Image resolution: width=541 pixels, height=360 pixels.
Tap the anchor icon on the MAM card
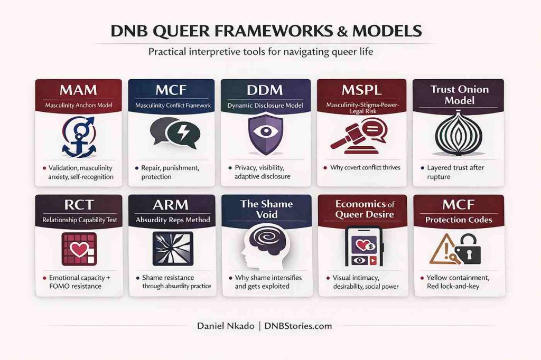[x=78, y=139]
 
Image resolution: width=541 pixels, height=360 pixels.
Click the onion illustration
[x=458, y=136]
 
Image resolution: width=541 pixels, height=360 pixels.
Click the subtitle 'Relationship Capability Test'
[x=78, y=220]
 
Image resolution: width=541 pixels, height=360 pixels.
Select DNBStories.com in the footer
[x=301, y=326]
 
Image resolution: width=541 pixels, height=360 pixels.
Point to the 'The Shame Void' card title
[x=266, y=210]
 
